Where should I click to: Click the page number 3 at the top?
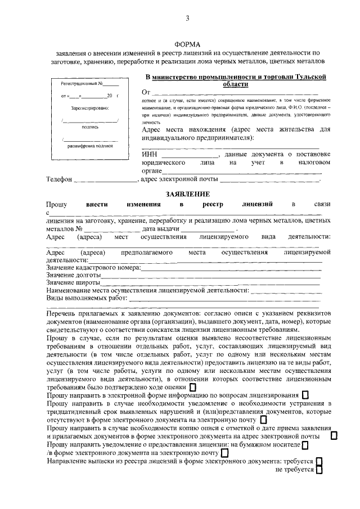187,19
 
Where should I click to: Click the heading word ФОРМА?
187,44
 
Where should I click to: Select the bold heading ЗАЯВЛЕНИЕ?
187,193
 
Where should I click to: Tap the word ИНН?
149,154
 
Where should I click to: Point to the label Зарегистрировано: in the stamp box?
91,107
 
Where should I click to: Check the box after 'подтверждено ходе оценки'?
193,387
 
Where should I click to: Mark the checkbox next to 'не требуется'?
319,470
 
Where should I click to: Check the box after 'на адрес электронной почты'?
334,435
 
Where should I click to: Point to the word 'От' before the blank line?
146,92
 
